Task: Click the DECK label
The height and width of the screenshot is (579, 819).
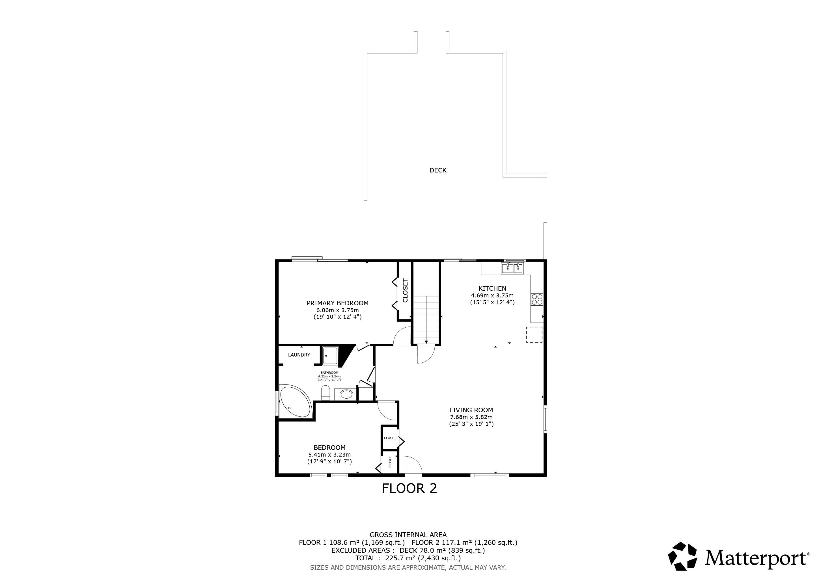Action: pos(438,170)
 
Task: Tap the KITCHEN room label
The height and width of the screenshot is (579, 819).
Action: pos(492,288)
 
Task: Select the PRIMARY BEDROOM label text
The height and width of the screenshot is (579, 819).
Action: pos(337,303)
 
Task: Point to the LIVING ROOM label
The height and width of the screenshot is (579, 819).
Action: pos(471,410)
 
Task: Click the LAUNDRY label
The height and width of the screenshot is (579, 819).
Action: pos(299,355)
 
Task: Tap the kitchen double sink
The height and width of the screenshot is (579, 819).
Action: pos(513,268)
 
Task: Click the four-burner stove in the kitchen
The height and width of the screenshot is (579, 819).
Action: pos(537,299)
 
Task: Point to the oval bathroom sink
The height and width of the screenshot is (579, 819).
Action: pos(346,395)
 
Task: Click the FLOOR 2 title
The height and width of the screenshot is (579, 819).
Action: pos(409,488)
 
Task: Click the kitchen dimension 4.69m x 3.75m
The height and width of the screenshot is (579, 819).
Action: pos(492,295)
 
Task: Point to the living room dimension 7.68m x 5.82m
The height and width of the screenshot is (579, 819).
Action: pos(471,417)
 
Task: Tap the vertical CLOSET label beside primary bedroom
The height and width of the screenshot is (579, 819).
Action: pos(405,290)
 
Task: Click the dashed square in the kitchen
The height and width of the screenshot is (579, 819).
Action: pos(534,335)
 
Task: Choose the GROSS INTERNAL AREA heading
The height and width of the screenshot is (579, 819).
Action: pos(408,535)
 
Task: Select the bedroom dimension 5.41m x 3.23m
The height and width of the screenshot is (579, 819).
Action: pos(329,455)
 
